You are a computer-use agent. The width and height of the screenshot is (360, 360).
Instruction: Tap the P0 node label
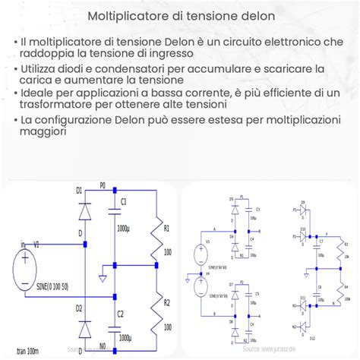(x=104, y=185)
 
